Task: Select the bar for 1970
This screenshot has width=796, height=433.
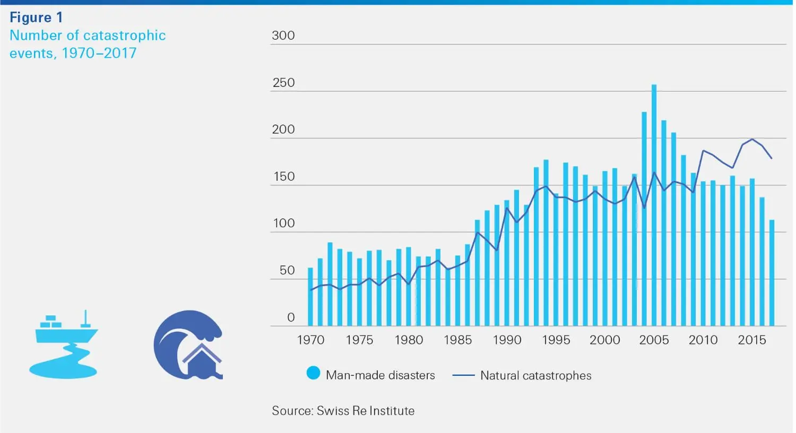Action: pos(310,297)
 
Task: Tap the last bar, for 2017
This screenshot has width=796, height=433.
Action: pos(772,273)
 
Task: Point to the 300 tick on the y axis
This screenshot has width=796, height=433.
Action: pos(283,36)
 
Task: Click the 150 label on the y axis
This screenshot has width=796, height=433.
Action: pos(283,176)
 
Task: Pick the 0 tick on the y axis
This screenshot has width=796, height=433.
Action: pos(290,317)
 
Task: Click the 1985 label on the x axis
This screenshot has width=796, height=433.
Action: pos(457,340)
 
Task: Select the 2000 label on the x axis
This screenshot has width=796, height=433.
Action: pos(604,340)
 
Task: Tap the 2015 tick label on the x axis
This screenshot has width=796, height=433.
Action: pos(751,340)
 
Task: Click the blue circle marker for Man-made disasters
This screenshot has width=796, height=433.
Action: pos(314,374)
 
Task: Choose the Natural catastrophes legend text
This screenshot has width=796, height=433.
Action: pos(535,376)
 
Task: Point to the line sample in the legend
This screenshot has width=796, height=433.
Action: pos(463,376)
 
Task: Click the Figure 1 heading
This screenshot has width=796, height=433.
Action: pos(36,17)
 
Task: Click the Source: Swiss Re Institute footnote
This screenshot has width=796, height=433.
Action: pos(343,411)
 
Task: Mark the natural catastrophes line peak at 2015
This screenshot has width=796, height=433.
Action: pos(752,139)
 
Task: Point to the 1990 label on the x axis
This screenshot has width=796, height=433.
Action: pos(507,340)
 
